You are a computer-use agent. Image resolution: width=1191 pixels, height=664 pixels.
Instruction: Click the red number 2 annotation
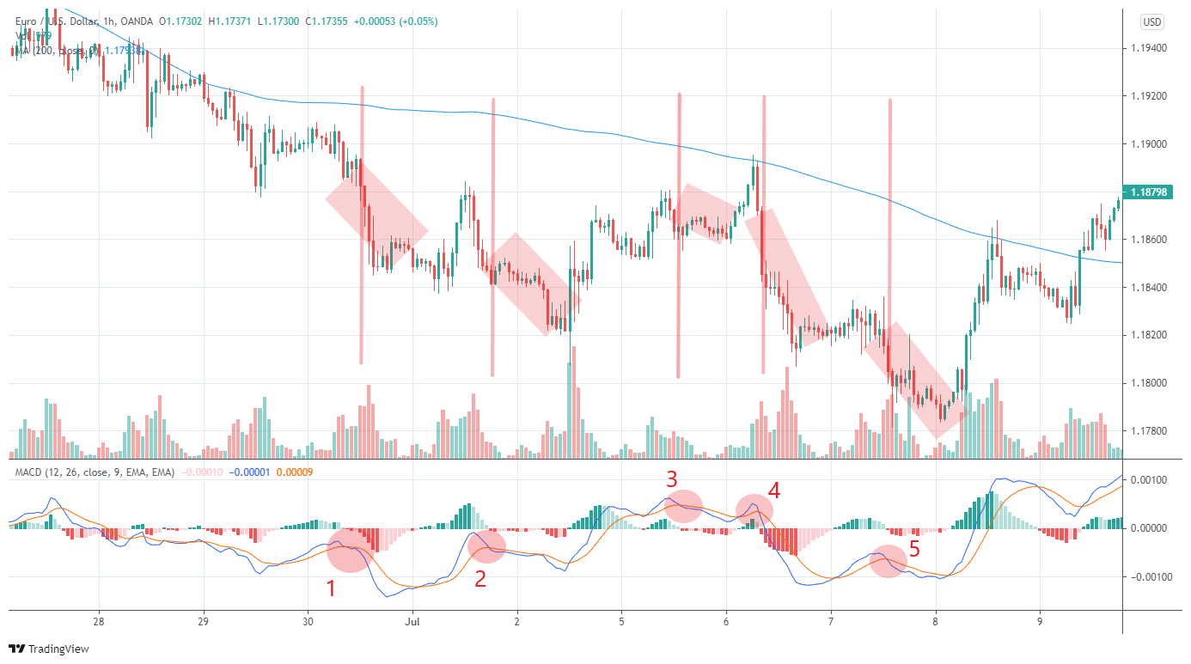[480, 578]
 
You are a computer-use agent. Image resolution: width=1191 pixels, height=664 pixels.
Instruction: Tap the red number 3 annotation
[672, 479]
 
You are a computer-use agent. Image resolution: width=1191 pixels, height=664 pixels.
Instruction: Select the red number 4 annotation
[773, 490]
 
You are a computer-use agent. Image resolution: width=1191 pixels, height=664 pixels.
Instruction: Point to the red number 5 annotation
[914, 547]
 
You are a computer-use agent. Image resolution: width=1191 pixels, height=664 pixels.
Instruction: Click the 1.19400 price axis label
[1150, 48]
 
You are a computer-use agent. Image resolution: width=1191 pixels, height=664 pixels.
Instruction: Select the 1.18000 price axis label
[1150, 383]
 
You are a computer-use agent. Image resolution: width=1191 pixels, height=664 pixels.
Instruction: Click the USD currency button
[1151, 21]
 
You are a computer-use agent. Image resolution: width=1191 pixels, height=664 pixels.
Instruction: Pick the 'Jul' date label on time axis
[412, 621]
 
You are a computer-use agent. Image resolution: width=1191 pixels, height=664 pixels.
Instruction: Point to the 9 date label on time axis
[1039, 621]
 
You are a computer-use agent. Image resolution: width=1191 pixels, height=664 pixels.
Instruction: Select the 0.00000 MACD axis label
[1150, 528]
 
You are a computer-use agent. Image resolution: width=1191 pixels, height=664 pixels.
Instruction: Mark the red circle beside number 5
[888, 561]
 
